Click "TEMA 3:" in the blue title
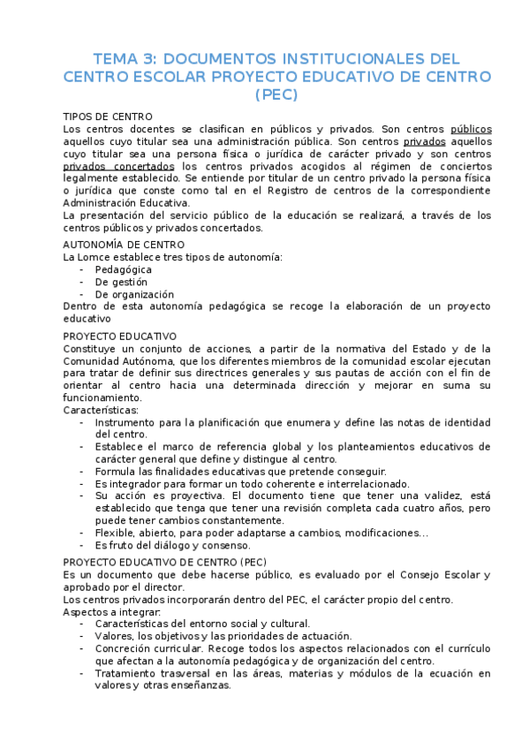(125, 58)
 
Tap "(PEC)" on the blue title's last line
(276, 94)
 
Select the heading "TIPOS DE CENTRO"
(108, 117)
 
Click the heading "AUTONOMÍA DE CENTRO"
(124, 245)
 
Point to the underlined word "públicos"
(471, 129)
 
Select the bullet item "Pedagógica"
(124, 269)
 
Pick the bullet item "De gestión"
(121, 282)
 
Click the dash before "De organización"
(82, 294)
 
